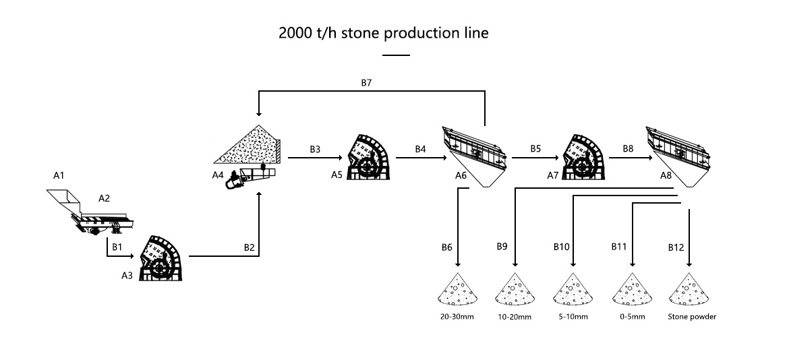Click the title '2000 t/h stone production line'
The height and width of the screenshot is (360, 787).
pyautogui.click(x=383, y=33)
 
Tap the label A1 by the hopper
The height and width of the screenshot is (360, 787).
pyautogui.click(x=59, y=175)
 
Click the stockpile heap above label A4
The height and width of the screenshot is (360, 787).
pyautogui.click(x=248, y=146)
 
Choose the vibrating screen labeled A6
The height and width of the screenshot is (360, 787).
pyautogui.click(x=475, y=153)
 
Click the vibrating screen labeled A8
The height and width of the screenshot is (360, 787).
pyautogui.click(x=679, y=152)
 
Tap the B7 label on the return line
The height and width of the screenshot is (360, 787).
pyautogui.click(x=366, y=84)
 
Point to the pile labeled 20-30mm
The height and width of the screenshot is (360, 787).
pyautogui.click(x=458, y=291)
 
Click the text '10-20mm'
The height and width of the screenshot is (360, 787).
pyautogui.click(x=515, y=316)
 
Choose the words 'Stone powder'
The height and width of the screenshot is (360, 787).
pyautogui.click(x=691, y=316)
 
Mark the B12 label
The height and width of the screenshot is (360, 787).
pyautogui.click(x=676, y=247)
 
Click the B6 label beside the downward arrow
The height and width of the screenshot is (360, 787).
pyautogui.click(x=446, y=247)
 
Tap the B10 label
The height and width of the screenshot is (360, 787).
pyautogui.click(x=561, y=247)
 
